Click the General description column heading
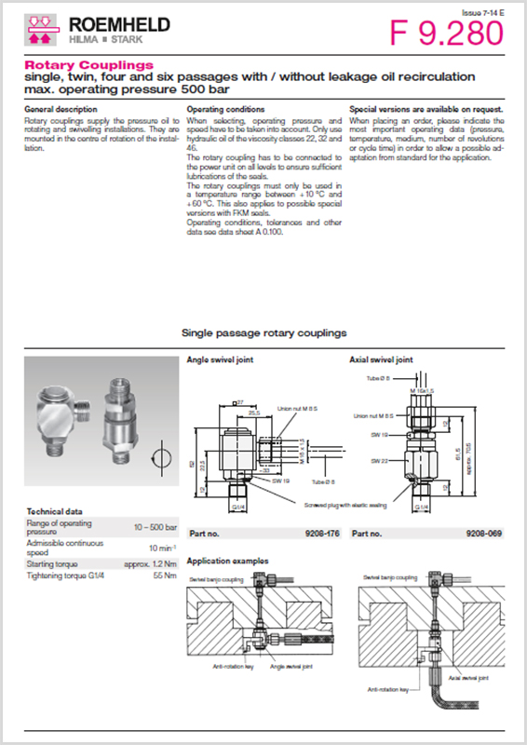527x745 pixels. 59,109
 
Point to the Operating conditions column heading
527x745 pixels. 225,109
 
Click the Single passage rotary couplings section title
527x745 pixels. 263,332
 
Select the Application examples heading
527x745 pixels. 228,561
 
